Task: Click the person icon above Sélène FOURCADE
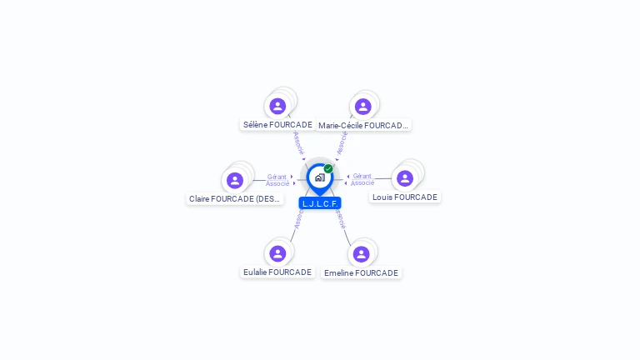coord(277,107)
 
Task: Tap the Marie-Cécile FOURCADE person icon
coord(362,107)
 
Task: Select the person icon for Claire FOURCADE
coord(235,180)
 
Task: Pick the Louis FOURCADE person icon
coord(405,178)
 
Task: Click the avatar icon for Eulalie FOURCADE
coord(277,253)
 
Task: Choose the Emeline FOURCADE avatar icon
coord(361,254)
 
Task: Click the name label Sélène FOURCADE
coord(277,125)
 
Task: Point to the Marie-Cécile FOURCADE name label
coord(363,126)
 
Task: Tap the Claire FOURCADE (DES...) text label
coord(235,199)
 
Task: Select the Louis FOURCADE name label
coord(405,197)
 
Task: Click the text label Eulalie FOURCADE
coord(277,272)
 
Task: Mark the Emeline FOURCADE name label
coord(361,273)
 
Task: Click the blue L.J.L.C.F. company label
coord(320,203)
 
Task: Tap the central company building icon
coord(319,177)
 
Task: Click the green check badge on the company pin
coord(328,168)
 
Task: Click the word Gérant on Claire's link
coord(277,177)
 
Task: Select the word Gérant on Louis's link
coord(362,176)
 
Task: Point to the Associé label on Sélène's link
coord(298,142)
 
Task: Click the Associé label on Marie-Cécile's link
coord(342,142)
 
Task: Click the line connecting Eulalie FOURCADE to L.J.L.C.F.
coord(292,233)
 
